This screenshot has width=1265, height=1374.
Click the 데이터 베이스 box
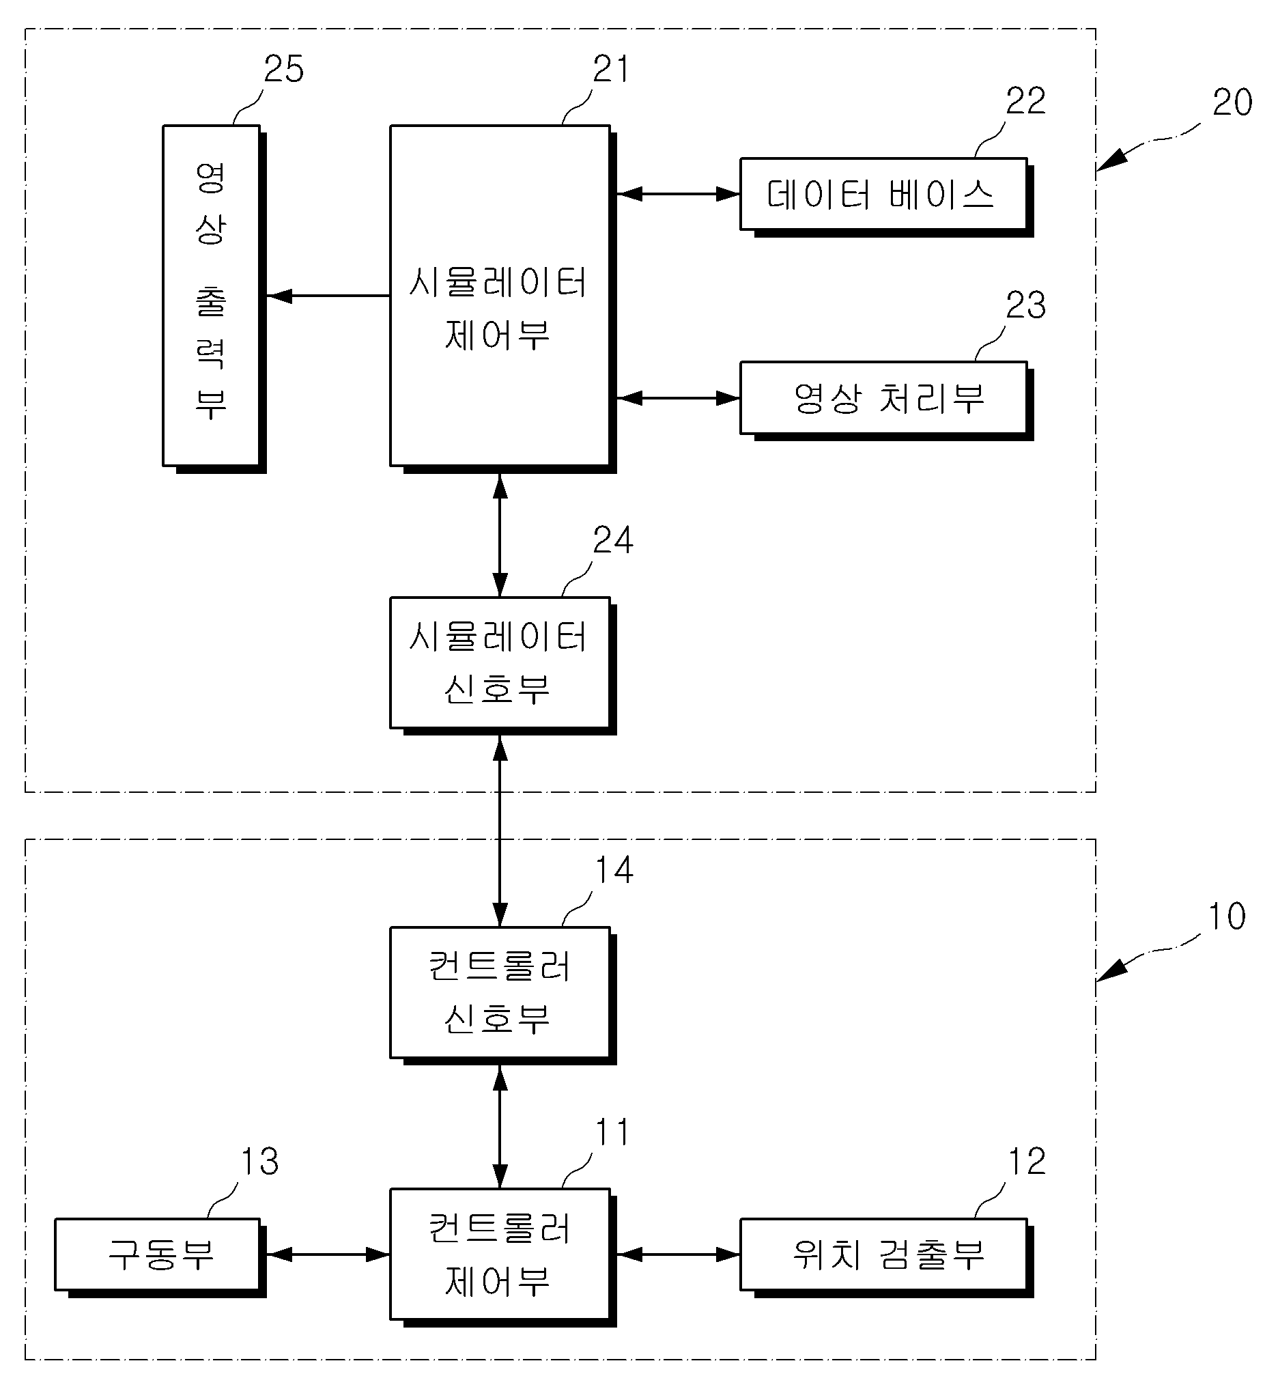coord(887,197)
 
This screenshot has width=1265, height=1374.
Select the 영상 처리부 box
coord(887,400)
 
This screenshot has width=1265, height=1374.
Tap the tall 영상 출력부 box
coord(214,298)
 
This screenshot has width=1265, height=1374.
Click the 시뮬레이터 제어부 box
coord(503,298)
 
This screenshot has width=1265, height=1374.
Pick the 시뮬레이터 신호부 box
coord(503,665)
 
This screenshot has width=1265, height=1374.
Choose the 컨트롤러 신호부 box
coord(503,996)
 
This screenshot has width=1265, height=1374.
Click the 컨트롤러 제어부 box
coord(503,1257)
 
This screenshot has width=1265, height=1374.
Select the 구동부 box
coord(160,1258)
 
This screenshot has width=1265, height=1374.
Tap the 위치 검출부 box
coord(887,1258)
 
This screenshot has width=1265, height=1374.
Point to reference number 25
coord(284,69)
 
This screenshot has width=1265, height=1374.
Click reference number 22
coord(1025,101)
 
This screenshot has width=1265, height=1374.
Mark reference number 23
coord(1025,305)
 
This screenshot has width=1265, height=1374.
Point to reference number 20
coord(1232,102)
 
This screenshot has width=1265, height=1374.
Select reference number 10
coord(1227,916)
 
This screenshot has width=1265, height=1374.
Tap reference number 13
coord(259,1162)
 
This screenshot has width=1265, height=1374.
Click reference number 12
coord(1027,1162)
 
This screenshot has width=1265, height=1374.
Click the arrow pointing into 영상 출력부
coord(328,296)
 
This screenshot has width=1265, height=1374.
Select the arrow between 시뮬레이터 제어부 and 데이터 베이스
coord(679,194)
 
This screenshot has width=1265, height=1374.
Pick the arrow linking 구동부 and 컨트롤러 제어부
coord(328,1254)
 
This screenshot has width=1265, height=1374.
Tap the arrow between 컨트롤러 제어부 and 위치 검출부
coord(679,1254)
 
